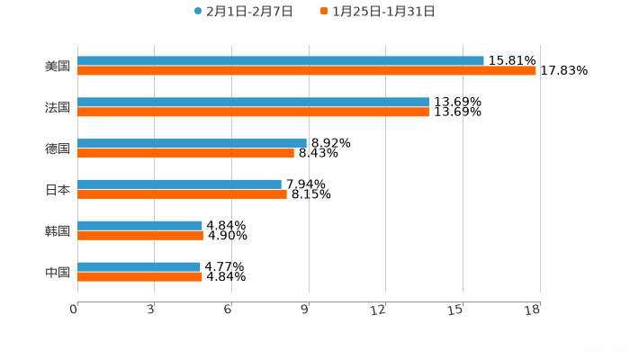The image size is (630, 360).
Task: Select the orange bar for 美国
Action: point(307,71)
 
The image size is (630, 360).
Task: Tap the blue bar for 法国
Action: point(253,103)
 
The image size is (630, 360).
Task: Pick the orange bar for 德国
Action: point(185,154)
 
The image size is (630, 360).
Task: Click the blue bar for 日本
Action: point(179,184)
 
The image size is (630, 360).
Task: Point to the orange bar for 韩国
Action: point(140,236)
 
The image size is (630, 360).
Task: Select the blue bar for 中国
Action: point(139,267)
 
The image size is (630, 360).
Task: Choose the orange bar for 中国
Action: point(139,277)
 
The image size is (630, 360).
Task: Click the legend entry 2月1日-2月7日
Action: point(243,12)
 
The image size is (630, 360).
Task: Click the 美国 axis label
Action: point(58,67)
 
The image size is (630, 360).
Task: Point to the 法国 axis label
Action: point(58,108)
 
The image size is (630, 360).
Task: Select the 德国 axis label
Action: point(58,149)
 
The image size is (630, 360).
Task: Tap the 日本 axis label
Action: point(58,190)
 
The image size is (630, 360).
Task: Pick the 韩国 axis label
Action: point(58,231)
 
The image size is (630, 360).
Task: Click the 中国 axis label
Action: point(58,273)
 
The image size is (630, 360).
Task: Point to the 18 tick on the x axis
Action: point(534,310)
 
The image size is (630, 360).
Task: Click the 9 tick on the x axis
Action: point(304,310)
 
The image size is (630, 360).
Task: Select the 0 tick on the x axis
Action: point(74,310)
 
